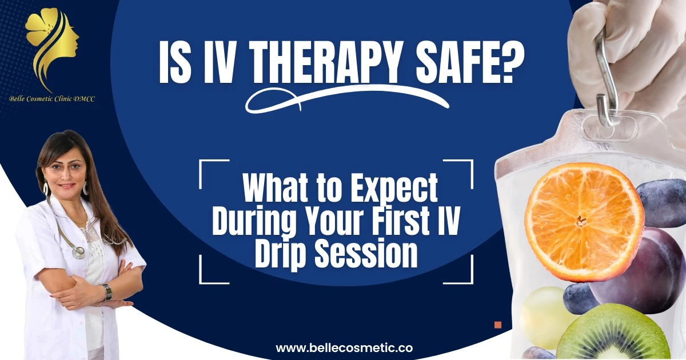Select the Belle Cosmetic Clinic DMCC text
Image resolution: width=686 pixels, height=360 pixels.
point(52,99)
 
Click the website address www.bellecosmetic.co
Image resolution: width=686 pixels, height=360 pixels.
point(344,347)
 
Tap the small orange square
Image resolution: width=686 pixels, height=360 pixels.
point(497,325)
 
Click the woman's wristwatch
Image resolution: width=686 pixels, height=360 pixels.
point(107,291)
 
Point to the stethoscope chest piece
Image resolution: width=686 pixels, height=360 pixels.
point(79,251)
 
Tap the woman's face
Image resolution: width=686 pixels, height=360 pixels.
point(67,171)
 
